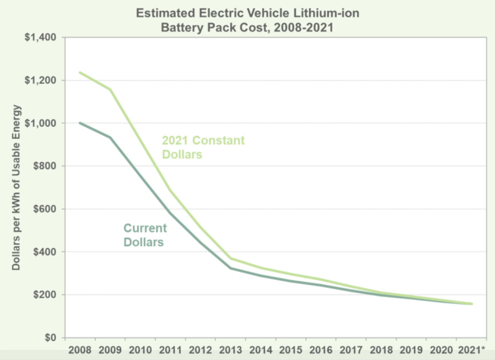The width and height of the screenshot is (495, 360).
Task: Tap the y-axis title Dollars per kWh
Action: pos(16,187)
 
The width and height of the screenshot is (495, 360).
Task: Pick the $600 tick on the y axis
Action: pos(46,209)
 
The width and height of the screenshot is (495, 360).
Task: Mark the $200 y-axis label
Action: pos(46,295)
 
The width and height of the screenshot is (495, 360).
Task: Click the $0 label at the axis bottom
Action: pos(51,338)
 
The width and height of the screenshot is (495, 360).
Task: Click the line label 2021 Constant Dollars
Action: pos(203,147)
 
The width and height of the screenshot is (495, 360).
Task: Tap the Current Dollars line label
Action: pos(145,235)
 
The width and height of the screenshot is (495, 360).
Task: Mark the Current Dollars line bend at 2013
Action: pos(231,268)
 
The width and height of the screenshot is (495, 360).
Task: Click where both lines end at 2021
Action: pos(472,304)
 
